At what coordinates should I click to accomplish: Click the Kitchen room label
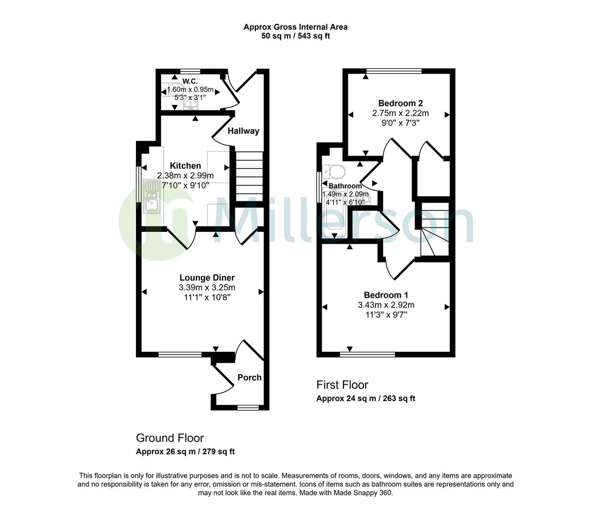[x=185, y=166]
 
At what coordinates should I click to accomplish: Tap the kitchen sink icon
[x=152, y=200]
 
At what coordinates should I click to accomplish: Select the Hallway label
[x=243, y=131]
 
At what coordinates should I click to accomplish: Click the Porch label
[x=249, y=377]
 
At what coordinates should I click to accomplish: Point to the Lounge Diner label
[x=207, y=278]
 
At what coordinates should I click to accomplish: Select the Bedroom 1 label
[x=386, y=295]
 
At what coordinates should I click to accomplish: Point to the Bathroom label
[x=345, y=186]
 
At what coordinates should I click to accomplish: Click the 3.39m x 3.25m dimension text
[x=207, y=288]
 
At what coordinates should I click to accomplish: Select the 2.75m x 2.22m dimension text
[x=400, y=113]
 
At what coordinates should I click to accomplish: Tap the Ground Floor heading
[x=170, y=438]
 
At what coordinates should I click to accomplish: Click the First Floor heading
[x=342, y=385]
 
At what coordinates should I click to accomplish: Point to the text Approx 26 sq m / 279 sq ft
[x=185, y=452]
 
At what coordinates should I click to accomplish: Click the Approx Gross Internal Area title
[x=295, y=27]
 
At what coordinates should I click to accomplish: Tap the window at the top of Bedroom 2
[x=394, y=71]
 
